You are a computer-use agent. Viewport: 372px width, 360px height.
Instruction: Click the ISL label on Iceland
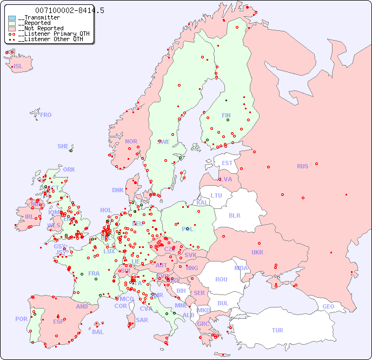(x=18, y=67)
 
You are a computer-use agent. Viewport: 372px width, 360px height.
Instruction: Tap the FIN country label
(x=226, y=115)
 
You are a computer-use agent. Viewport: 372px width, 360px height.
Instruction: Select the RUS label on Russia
(x=302, y=166)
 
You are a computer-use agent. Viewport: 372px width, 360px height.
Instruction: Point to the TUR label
(x=277, y=330)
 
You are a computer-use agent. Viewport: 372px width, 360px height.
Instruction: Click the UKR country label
(x=257, y=252)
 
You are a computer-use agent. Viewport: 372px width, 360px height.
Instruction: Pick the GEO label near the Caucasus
(x=328, y=306)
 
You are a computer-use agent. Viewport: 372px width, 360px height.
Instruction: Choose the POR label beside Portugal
(x=21, y=319)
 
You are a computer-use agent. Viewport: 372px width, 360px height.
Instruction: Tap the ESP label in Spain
(x=58, y=321)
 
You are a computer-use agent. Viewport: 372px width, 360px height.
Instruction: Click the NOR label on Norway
(x=131, y=141)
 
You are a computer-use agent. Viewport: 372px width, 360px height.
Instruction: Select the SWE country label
(x=163, y=142)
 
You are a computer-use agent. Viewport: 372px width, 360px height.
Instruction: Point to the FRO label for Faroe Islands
(x=45, y=115)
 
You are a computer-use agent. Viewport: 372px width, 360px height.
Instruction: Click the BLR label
(x=234, y=215)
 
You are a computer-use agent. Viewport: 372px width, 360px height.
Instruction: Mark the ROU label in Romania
(x=221, y=279)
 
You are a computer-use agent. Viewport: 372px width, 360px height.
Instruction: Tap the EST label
(x=227, y=163)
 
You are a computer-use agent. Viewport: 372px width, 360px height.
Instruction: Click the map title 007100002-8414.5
(x=70, y=10)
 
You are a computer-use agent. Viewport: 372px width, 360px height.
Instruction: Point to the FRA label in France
(x=94, y=273)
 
